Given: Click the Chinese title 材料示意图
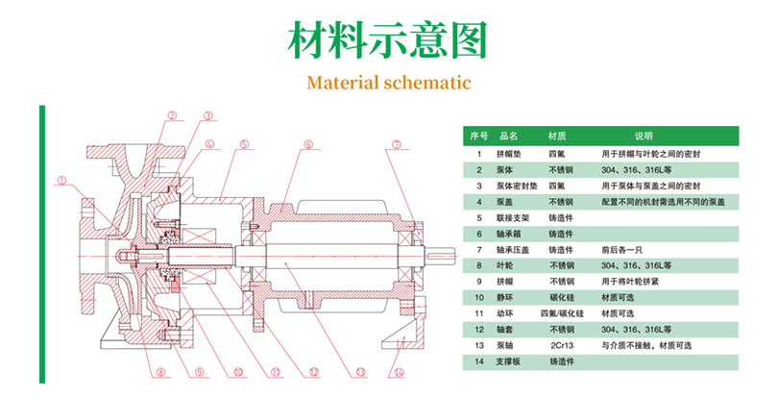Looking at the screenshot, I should pos(388,40).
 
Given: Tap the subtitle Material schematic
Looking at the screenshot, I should pos(388,82).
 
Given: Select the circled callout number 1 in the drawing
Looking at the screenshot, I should pos(61,178).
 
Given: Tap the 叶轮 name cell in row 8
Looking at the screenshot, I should pos(505,265).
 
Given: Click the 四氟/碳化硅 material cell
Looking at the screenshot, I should pos(562,313).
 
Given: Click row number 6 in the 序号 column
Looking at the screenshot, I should pos(478,234).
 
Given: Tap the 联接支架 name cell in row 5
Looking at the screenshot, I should pos(512,217).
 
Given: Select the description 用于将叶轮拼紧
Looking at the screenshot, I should pos(631,282).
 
